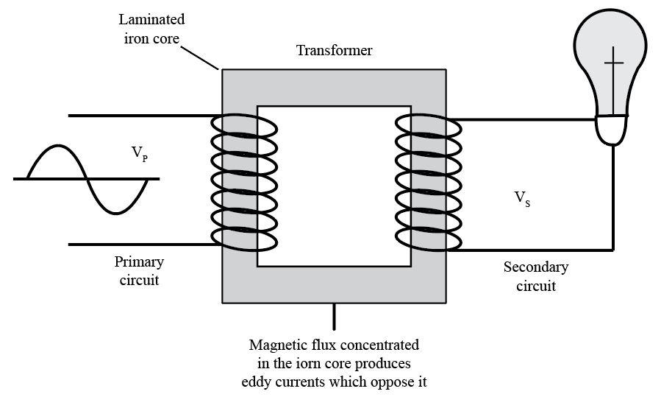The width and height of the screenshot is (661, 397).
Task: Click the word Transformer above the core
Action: click(x=334, y=51)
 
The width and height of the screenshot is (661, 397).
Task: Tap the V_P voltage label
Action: click(x=139, y=153)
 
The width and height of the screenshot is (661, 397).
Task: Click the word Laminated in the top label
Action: click(x=151, y=19)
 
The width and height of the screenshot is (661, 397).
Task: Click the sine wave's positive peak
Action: click(x=57, y=147)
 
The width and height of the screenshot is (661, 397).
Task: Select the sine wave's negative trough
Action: click(x=118, y=211)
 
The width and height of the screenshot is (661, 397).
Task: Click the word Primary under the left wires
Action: click(x=139, y=261)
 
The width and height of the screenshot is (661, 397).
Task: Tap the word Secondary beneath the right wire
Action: click(x=535, y=267)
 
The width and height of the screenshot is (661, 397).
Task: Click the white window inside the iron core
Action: click(x=333, y=186)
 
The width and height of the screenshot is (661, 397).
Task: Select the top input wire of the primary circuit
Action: click(x=140, y=116)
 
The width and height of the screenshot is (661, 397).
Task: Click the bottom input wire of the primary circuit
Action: click(x=140, y=244)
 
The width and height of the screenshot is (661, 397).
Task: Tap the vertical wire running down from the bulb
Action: click(x=613, y=199)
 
